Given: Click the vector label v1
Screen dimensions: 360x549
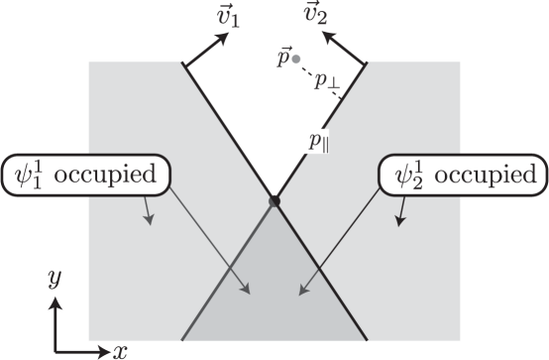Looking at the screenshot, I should click(227, 16).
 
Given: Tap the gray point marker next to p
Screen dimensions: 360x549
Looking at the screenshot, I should click(295, 60).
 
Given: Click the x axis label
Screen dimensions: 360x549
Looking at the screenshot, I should click(121, 350).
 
